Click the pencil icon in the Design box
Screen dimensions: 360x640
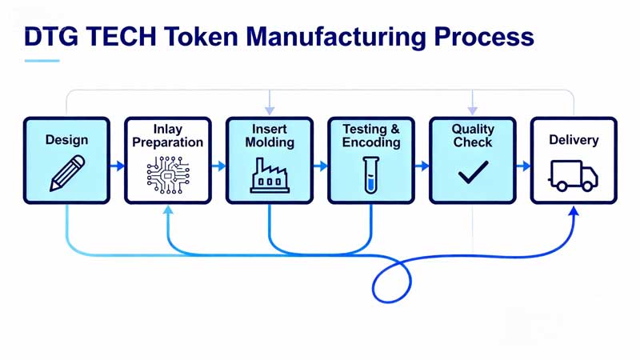67,173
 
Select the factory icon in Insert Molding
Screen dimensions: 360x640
270,176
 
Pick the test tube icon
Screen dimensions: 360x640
370,174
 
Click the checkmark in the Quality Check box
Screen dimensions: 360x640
473,172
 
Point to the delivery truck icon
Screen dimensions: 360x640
573,175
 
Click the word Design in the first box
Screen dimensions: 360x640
66,140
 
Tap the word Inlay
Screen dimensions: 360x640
168,129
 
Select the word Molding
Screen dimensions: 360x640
270,142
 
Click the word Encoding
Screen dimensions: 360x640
371,142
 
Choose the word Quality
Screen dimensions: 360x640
473,129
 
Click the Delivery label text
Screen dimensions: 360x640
574,140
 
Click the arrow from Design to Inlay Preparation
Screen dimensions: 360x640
118,166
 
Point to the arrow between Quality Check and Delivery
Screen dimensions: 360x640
523,166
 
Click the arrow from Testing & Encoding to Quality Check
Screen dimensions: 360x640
422,166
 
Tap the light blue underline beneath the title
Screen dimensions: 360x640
42,61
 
